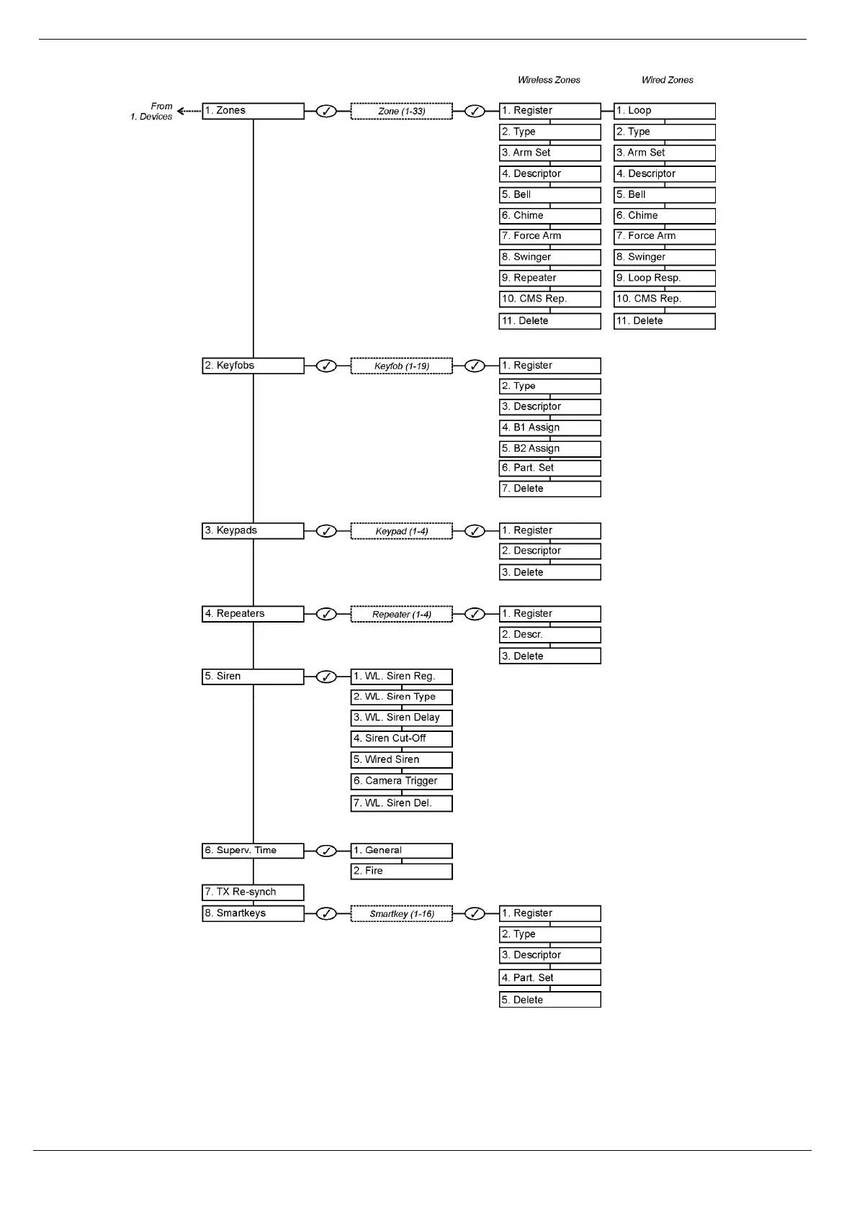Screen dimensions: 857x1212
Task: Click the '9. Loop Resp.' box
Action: (664, 278)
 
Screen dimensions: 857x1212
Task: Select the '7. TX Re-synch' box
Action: (253, 892)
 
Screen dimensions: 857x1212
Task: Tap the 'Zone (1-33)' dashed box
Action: (401, 111)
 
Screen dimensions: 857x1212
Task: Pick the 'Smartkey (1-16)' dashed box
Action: (401, 914)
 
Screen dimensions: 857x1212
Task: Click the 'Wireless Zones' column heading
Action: (549, 80)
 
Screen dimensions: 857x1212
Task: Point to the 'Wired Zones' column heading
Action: (667, 80)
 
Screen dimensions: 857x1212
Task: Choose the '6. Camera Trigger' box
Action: (401, 781)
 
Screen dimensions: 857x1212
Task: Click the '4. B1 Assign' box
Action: (549, 428)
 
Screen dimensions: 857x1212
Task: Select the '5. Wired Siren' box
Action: (401, 760)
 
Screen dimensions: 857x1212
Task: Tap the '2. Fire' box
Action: (401, 872)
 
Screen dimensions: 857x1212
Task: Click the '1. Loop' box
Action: (664, 111)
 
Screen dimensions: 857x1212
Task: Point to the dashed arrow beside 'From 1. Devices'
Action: (189, 111)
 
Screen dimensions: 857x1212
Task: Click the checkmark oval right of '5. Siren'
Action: (326, 677)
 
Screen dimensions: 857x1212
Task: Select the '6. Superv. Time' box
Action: (253, 851)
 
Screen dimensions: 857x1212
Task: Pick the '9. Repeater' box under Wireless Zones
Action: (549, 278)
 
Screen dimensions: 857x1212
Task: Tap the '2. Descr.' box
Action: (549, 635)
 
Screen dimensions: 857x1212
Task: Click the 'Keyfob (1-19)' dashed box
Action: (401, 366)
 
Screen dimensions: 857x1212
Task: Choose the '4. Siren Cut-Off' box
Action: (401, 739)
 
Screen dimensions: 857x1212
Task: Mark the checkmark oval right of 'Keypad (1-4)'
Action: (475, 531)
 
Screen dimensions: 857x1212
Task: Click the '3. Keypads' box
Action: (253, 531)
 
